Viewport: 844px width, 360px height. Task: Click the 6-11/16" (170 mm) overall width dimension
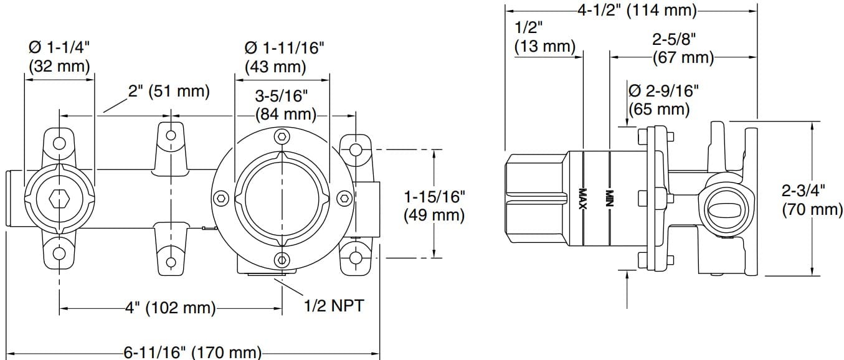click(192, 353)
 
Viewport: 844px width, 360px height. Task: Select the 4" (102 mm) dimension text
click(171, 308)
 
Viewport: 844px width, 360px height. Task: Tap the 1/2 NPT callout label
click(333, 306)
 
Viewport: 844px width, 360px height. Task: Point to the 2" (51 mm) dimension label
click(169, 91)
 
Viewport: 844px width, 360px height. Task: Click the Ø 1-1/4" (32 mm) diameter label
click(59, 57)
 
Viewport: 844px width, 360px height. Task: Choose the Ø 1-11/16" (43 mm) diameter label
click(284, 57)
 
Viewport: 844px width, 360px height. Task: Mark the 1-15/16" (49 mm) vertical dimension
click(434, 206)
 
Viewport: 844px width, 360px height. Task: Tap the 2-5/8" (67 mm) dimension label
click(683, 49)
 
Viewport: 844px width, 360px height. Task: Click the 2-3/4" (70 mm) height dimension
click(812, 199)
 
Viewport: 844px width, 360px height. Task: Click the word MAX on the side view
click(584, 199)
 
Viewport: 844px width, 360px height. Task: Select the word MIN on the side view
click(610, 199)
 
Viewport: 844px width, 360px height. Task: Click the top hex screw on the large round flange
click(282, 136)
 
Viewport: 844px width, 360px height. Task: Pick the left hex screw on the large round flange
click(220, 199)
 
